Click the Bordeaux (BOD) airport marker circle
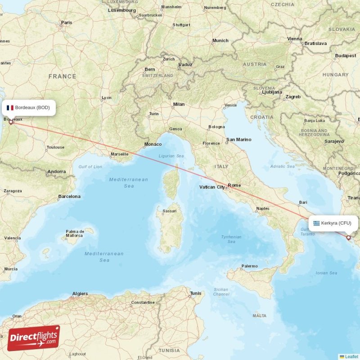click(x=11, y=122)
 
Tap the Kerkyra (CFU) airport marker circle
click(x=348, y=237)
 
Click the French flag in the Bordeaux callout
click(x=10, y=108)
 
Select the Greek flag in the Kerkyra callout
click(x=317, y=223)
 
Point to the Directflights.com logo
click(x=33, y=338)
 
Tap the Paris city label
click(x=67, y=22)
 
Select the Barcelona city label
click(x=69, y=197)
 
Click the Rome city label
click(x=234, y=185)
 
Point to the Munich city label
click(x=220, y=40)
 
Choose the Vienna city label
click(x=295, y=39)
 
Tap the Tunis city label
click(x=196, y=293)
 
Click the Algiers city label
click(x=80, y=294)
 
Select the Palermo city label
click(x=249, y=266)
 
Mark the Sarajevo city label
click(x=333, y=141)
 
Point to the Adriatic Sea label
click(x=283, y=166)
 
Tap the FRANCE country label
click(x=62, y=76)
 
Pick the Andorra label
click(x=56, y=171)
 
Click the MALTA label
click(x=260, y=316)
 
